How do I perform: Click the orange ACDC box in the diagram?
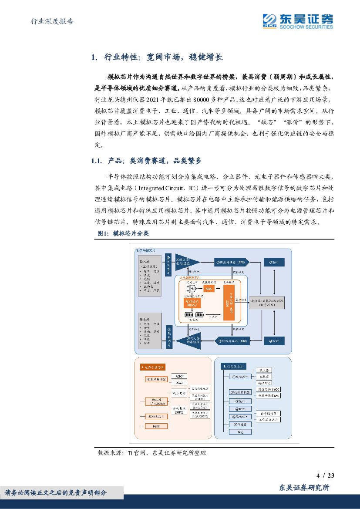(210, 289)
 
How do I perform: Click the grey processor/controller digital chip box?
(268, 302)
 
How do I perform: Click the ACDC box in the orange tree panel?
(179, 376)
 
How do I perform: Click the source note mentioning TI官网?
(152, 453)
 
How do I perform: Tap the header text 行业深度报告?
(53, 21)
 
